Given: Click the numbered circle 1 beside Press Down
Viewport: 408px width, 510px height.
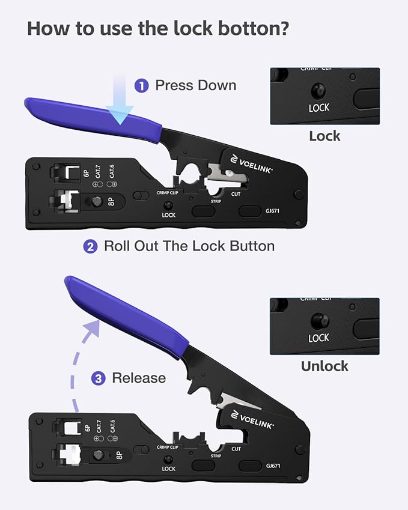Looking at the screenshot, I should (141, 86).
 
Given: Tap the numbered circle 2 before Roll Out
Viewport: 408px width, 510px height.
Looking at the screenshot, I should (90, 246).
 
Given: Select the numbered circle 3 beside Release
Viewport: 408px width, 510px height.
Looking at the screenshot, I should (99, 378).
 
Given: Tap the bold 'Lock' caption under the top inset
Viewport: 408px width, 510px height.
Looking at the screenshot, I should (324, 136).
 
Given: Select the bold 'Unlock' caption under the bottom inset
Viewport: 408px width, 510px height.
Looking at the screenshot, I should (324, 366).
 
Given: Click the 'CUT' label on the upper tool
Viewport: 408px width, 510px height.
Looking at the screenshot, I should (236, 194).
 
